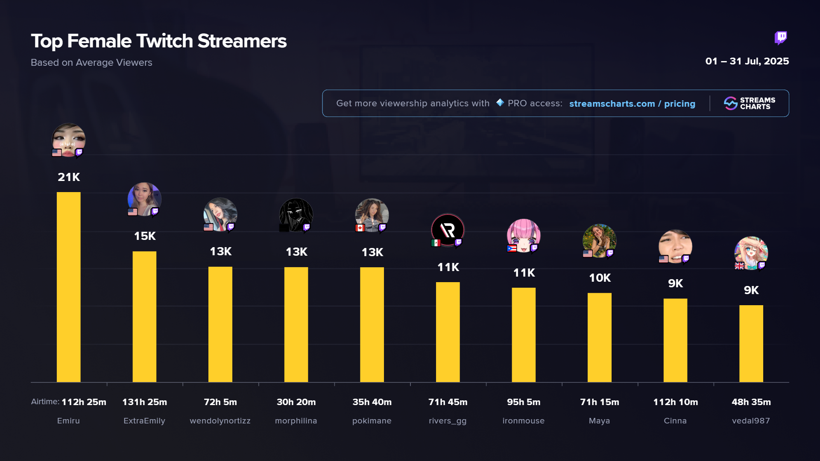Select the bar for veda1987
tap(751, 344)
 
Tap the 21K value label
tap(69, 177)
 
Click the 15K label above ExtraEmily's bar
tap(145, 236)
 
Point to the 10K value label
tap(600, 278)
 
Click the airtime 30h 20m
tap(296, 402)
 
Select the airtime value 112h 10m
tap(675, 402)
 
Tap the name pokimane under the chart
tap(372, 421)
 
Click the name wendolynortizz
tap(220, 421)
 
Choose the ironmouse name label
tap(523, 421)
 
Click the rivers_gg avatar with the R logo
tap(448, 230)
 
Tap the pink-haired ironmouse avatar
tap(524, 235)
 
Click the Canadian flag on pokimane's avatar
tap(360, 228)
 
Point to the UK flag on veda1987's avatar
tap(739, 266)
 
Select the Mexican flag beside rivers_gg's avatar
tap(436, 243)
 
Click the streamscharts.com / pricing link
tap(632, 104)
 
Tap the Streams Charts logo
tap(749, 103)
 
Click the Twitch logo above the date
tap(781, 38)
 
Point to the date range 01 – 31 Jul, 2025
tap(747, 61)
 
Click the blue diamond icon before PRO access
tap(500, 103)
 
